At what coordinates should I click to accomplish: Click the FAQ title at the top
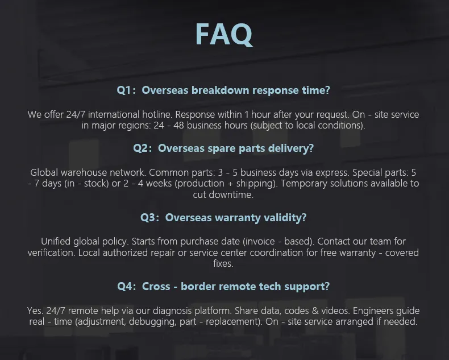coord(224,34)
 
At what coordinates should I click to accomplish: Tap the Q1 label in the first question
coord(126,90)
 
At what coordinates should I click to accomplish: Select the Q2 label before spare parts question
coord(142,148)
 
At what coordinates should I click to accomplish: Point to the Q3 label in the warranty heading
coord(149,217)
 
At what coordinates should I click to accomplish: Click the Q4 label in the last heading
coord(126,286)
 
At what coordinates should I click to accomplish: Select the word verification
coord(56,253)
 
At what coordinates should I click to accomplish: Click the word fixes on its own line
coord(223,264)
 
